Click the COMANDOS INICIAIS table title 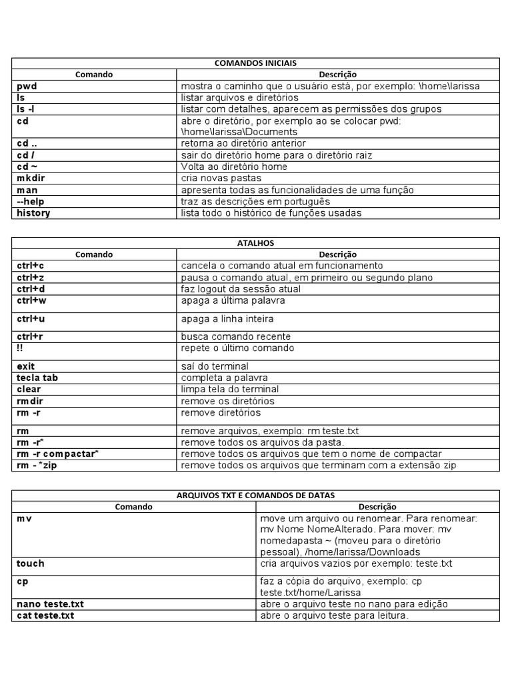(255, 63)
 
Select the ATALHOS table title (255, 243)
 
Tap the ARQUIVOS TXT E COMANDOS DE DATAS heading (255, 495)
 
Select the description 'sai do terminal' (215, 366)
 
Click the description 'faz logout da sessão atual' (241, 289)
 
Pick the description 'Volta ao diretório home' (234, 167)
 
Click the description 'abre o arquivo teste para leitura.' (334, 616)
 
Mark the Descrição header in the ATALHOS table (337, 254)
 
